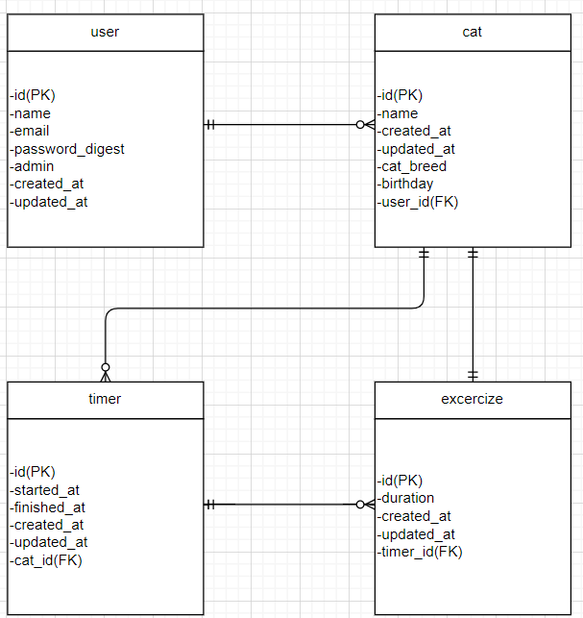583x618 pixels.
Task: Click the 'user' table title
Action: click(x=105, y=32)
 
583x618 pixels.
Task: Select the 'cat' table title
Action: click(x=472, y=32)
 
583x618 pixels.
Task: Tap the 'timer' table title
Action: click(x=105, y=399)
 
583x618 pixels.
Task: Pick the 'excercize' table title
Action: click(x=472, y=399)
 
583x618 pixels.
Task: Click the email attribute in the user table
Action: click(x=30, y=131)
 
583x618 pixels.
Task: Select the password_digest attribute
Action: click(x=67, y=149)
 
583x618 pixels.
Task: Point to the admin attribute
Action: click(x=32, y=166)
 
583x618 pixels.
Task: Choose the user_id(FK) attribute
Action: click(x=418, y=201)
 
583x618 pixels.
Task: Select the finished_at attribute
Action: click(x=47, y=507)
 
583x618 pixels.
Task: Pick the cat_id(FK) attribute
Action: click(x=46, y=560)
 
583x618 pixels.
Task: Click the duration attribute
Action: click(x=406, y=498)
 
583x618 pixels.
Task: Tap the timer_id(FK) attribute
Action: click(x=421, y=552)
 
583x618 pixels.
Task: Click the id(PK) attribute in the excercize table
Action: click(x=400, y=481)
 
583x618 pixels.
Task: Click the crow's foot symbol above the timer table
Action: click(x=106, y=371)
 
